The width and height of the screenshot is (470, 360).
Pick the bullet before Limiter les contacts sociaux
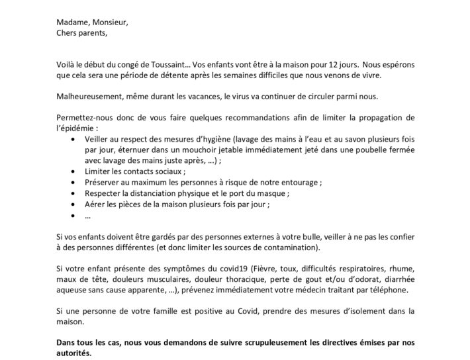[x=71, y=171]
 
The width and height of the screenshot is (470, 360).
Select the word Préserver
[x=104, y=182]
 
